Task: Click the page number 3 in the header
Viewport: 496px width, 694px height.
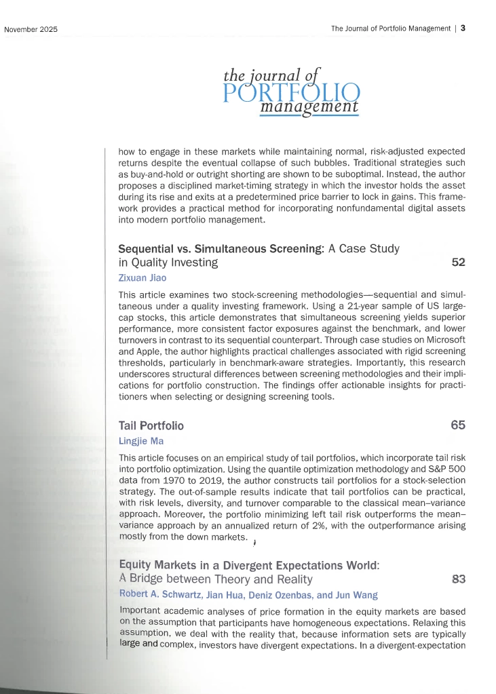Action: pos(462,28)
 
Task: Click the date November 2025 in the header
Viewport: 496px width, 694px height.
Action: pos(31,29)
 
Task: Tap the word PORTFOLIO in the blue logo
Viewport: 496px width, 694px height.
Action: pos(292,93)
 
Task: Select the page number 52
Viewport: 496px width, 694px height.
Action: pos(458,262)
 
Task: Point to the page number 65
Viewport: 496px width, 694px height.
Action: pos(457,425)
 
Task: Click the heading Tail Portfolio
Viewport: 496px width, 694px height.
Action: pos(151,426)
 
